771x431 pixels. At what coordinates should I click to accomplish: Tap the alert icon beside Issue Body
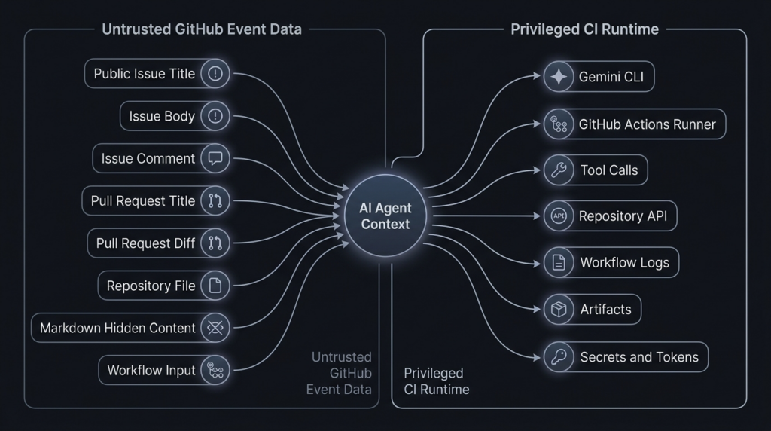click(215, 116)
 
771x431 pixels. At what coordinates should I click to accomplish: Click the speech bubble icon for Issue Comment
click(215, 158)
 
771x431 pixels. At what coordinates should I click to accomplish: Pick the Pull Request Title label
click(143, 201)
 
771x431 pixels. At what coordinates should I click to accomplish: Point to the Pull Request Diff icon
click(215, 243)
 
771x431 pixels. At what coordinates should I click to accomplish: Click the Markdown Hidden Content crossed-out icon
click(215, 328)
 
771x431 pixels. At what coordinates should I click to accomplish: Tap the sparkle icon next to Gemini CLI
click(559, 77)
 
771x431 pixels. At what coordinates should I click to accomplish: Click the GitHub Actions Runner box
click(634, 124)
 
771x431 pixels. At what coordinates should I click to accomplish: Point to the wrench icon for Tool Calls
click(559, 170)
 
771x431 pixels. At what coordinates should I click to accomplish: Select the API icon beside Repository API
click(559, 216)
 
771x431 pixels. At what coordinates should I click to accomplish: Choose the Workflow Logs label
click(619, 263)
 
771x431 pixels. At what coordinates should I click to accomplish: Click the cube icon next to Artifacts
click(559, 309)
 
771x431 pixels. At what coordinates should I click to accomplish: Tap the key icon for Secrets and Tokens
click(559, 356)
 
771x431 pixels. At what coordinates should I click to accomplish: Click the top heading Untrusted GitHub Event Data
click(202, 29)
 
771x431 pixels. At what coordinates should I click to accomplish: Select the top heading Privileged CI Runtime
click(584, 29)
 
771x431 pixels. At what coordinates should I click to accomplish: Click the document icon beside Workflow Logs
click(559, 263)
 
